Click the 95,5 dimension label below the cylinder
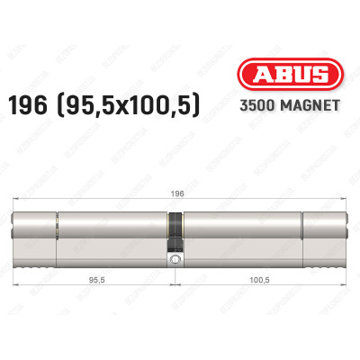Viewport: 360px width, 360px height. [x=93, y=280]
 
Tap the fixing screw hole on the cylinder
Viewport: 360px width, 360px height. [x=175, y=262]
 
